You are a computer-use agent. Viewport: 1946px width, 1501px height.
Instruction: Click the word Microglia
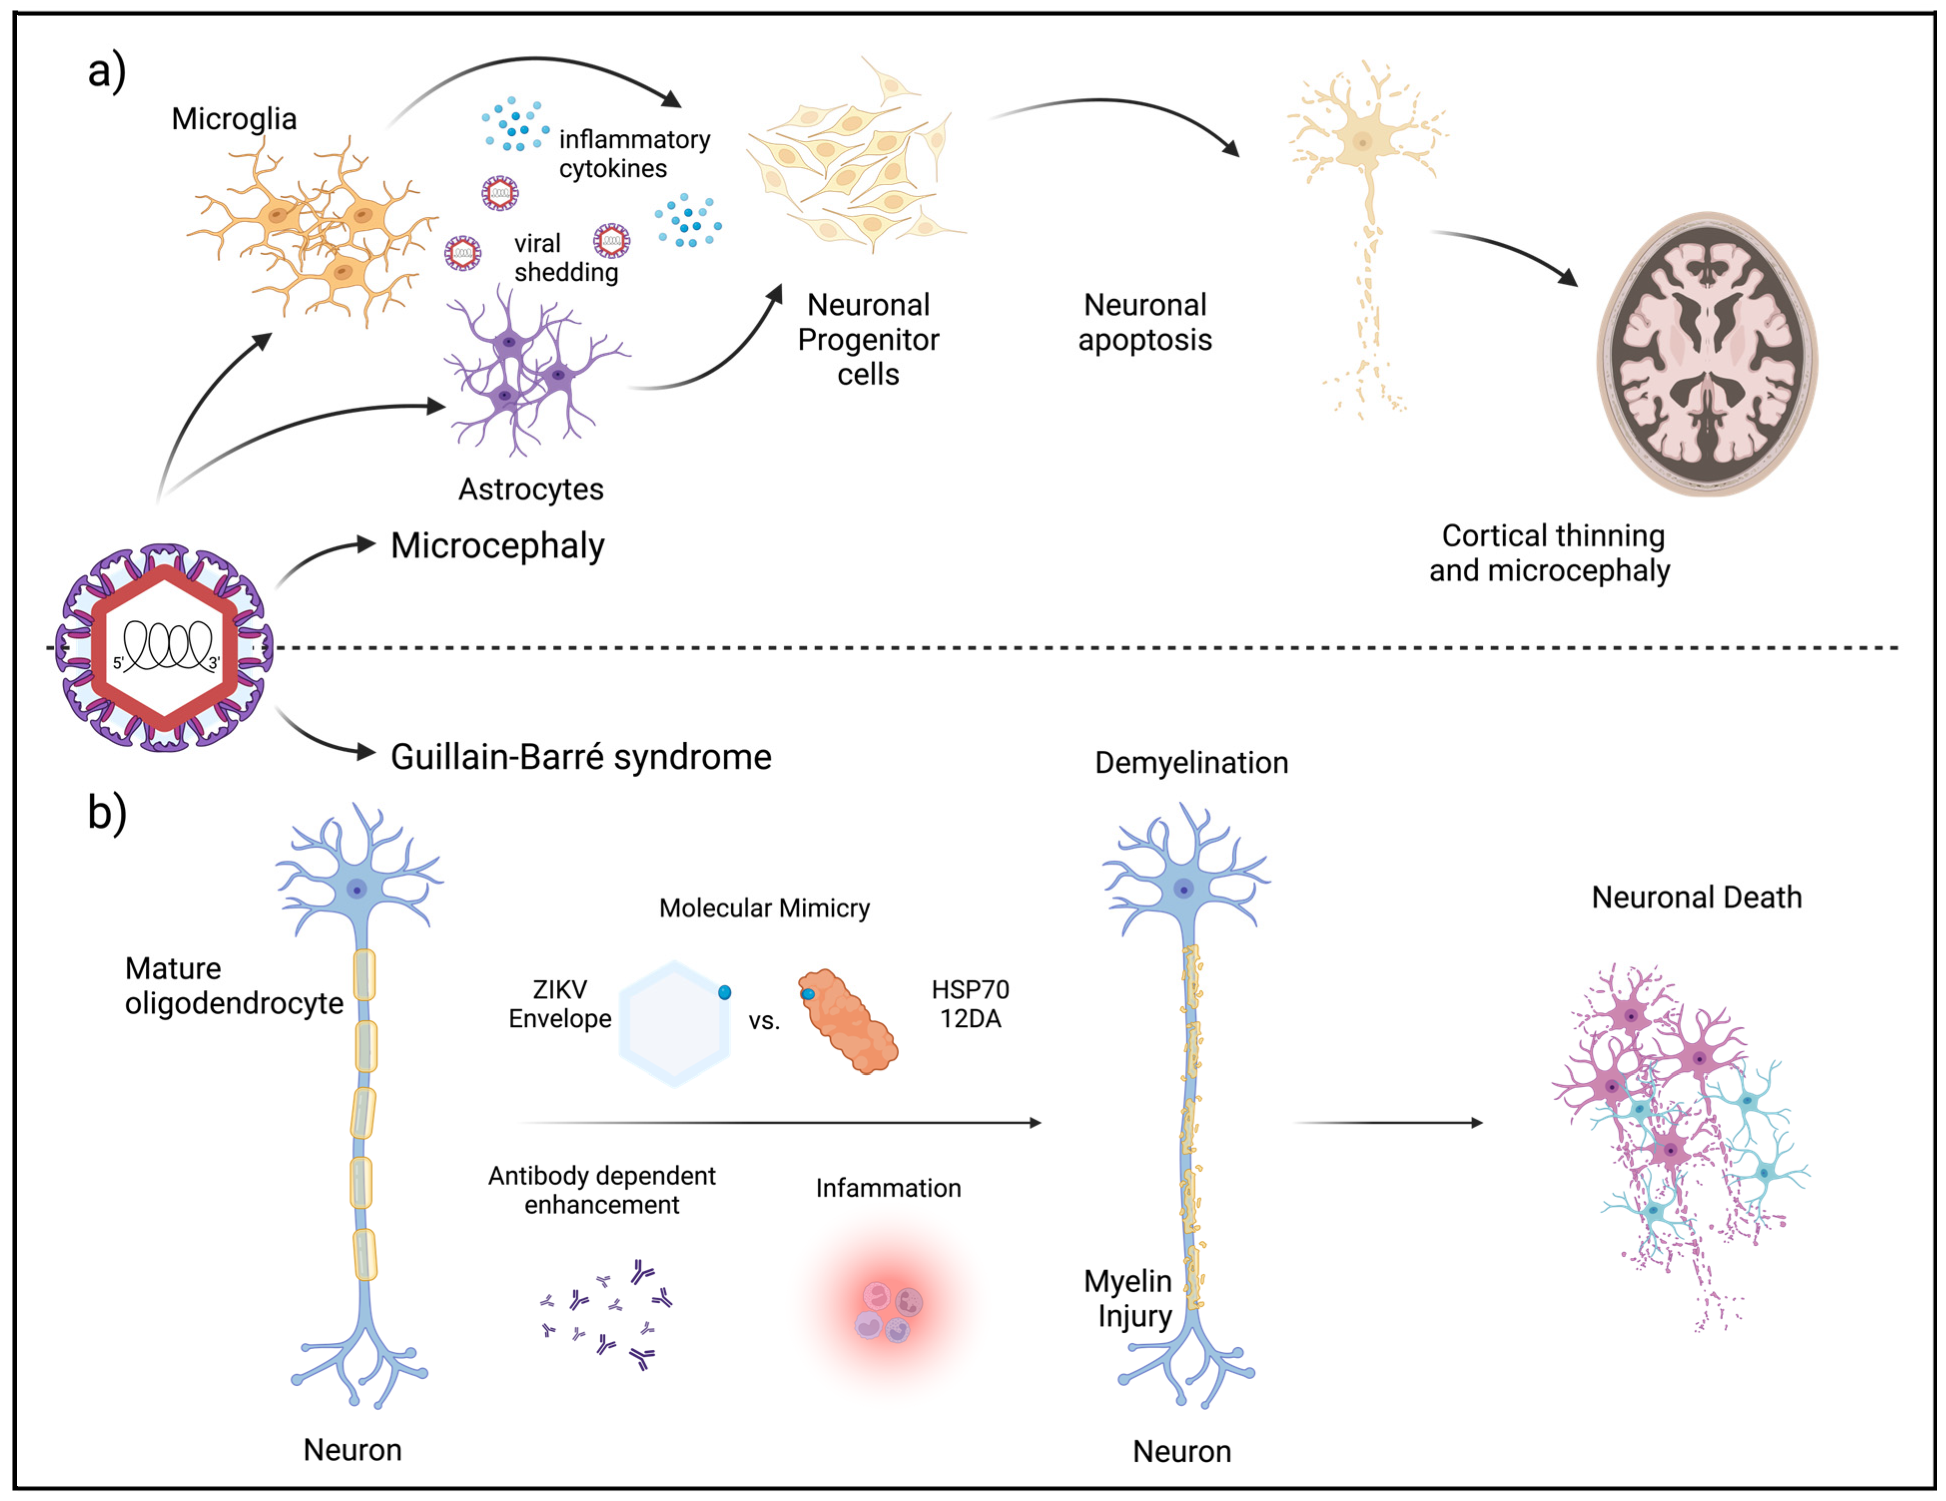[x=234, y=118]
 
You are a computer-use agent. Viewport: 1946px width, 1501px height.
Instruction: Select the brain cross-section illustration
[x=1706, y=354]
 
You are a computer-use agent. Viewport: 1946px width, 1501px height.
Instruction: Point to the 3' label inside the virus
[x=214, y=663]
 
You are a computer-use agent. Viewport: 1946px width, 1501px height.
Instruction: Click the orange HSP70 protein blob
[x=848, y=1022]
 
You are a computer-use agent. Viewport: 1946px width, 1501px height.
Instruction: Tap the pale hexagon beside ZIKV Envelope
[x=674, y=1023]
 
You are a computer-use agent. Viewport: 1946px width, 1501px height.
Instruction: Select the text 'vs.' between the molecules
[x=764, y=1021]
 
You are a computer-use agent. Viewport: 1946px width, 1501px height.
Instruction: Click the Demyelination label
[x=1191, y=763]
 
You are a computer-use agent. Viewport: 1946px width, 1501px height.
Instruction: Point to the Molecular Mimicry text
[x=764, y=907]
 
